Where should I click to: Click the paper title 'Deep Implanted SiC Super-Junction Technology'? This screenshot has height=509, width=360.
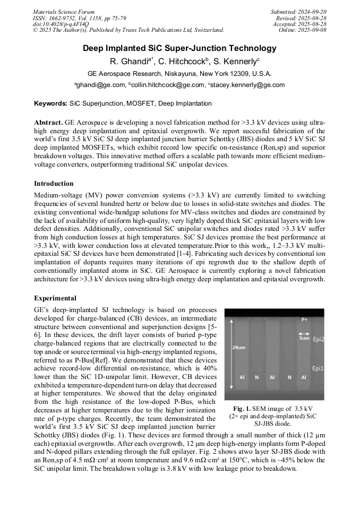pyautogui.click(x=179, y=48)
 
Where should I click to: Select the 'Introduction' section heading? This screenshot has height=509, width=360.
pyautogui.click(x=54, y=184)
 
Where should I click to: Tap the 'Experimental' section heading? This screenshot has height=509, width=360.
pyautogui.click(x=55, y=298)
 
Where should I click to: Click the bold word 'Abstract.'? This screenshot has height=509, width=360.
pyautogui.click(x=49, y=122)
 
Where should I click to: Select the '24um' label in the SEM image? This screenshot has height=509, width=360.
pyautogui.click(x=238, y=347)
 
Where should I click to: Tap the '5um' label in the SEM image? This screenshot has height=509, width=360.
pyautogui.click(x=304, y=338)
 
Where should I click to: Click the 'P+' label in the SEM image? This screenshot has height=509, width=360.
pyautogui.click(x=304, y=320)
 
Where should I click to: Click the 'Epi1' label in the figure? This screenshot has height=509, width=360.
pyautogui.click(x=318, y=367)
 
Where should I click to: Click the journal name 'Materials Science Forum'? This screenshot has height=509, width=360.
pyautogui.click(x=64, y=12)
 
